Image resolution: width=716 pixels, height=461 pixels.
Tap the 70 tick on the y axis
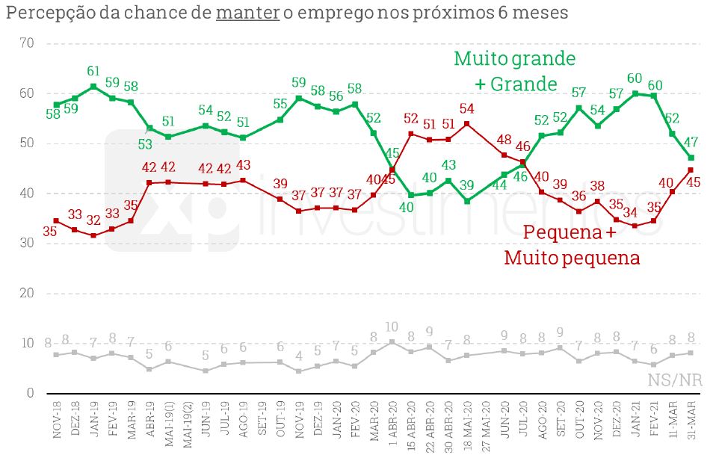click(x=27, y=43)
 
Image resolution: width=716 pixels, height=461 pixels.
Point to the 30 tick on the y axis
click(x=27, y=244)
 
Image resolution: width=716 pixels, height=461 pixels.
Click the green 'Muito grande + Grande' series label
click(x=515, y=71)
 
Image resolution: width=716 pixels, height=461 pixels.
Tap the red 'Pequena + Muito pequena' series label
click(x=572, y=245)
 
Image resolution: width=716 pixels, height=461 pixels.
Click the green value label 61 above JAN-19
click(x=93, y=72)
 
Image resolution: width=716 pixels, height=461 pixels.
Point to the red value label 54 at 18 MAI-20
click(x=467, y=108)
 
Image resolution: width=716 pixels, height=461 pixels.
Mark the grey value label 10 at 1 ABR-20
click(x=392, y=327)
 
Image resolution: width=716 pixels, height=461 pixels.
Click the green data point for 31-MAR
click(x=691, y=158)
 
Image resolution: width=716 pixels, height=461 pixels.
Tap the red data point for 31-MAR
click(x=691, y=170)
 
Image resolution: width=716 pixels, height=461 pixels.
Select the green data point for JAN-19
click(x=93, y=87)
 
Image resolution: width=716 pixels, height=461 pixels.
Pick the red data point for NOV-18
click(x=57, y=220)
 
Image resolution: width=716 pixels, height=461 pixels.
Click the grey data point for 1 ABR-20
click(x=392, y=341)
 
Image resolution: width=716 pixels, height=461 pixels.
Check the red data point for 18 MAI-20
click(x=467, y=123)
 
